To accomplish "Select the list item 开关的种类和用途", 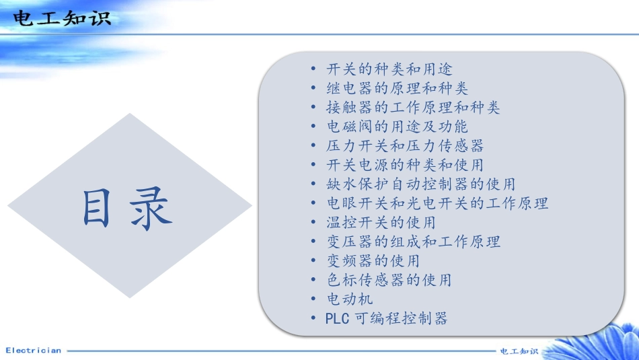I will [389, 69].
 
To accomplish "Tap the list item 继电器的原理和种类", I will [397, 88].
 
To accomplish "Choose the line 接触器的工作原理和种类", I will [413, 108].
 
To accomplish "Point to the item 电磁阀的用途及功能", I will [397, 127].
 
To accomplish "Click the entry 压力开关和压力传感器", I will [405, 145].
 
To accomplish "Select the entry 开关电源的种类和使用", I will [405, 165].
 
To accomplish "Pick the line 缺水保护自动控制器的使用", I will [421, 184].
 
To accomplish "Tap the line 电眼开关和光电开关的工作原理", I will [437, 203].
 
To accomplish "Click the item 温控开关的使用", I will [381, 222].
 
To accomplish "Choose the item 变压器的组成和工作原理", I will [413, 241].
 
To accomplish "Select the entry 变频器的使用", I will [373, 260].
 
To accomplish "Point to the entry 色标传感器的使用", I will [389, 279].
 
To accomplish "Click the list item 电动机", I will [350, 299].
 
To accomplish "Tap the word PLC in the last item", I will [337, 318].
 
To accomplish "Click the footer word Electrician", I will [33, 351].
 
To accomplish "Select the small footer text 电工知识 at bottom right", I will [519, 351].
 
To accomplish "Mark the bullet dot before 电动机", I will [314, 299].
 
